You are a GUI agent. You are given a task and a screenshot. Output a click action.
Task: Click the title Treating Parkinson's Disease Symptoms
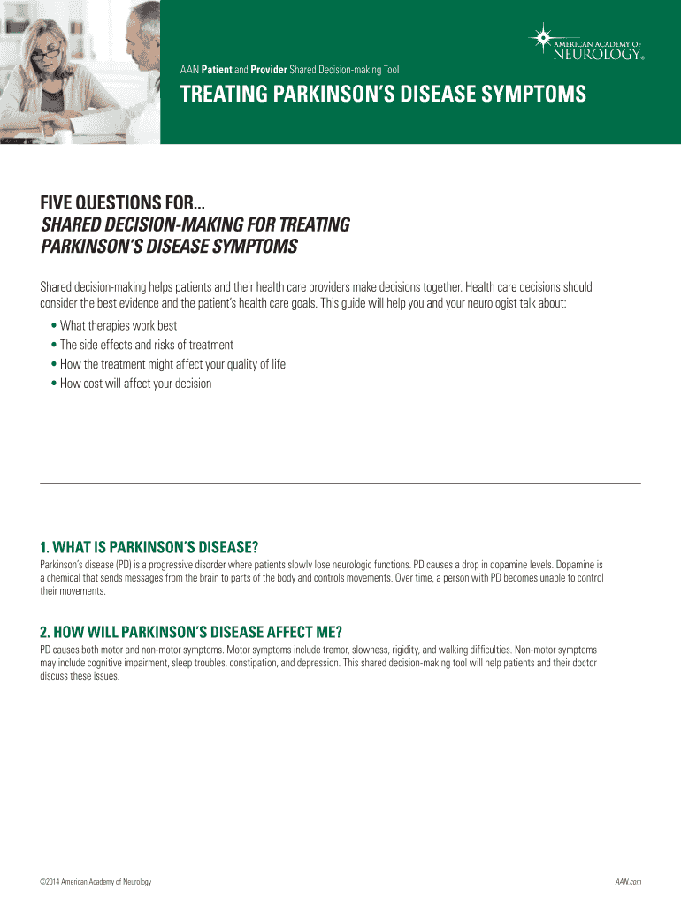click(x=383, y=95)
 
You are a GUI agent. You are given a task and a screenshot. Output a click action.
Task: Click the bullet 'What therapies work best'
click(x=118, y=326)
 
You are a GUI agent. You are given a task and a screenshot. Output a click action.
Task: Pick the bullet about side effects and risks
click(x=146, y=346)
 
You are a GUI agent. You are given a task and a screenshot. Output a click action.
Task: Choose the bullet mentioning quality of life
click(x=172, y=364)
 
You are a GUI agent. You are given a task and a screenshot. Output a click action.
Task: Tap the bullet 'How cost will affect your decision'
click(x=135, y=384)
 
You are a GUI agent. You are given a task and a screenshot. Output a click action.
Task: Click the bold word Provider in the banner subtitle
click(x=268, y=68)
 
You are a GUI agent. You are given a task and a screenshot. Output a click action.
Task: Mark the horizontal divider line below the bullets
click(x=340, y=483)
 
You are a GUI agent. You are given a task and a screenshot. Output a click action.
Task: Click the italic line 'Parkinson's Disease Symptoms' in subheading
click(x=169, y=245)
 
